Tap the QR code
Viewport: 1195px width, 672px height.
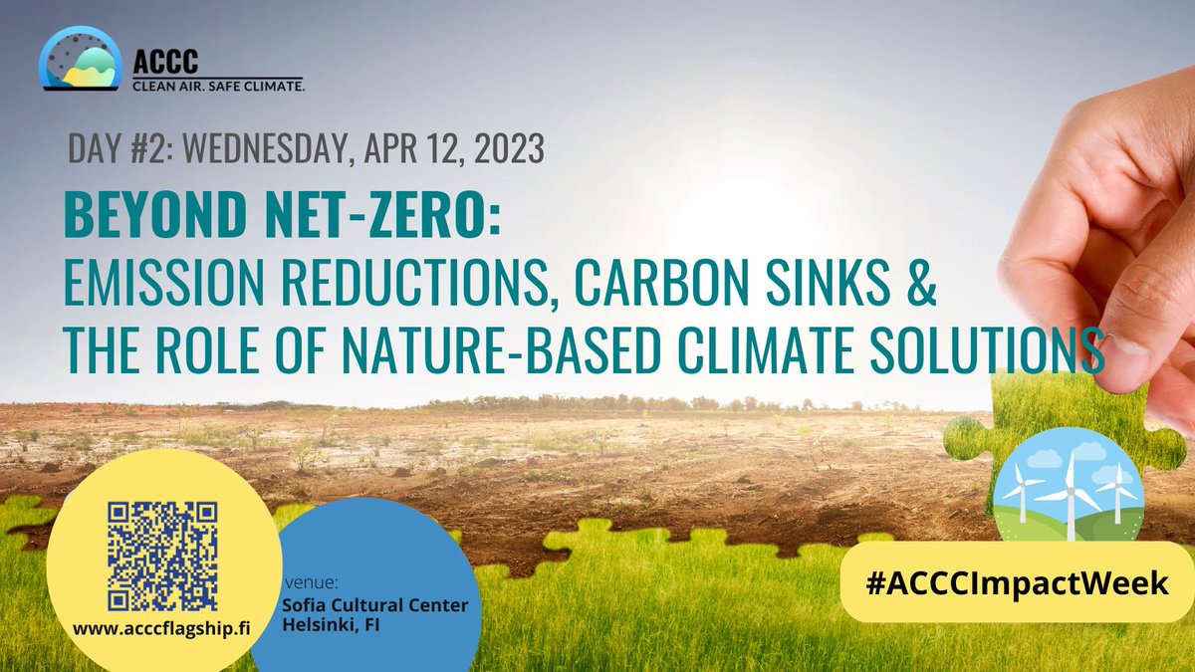163,555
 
